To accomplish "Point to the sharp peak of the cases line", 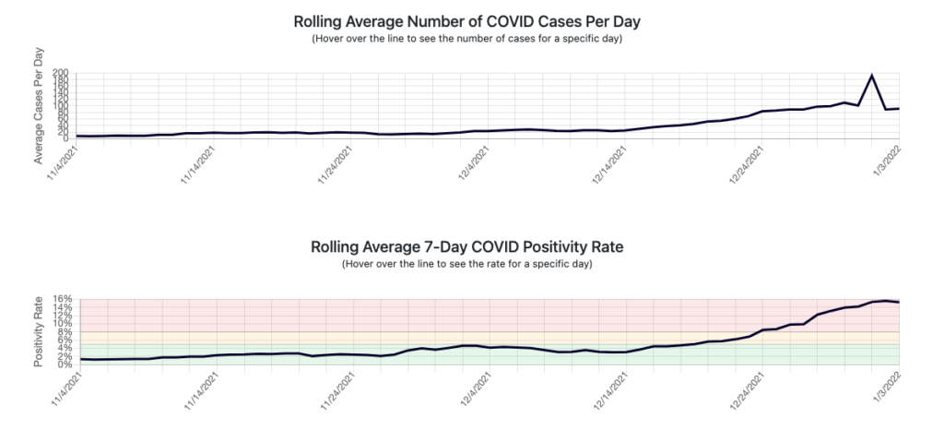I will [872, 76].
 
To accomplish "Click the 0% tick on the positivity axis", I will [65, 364].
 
